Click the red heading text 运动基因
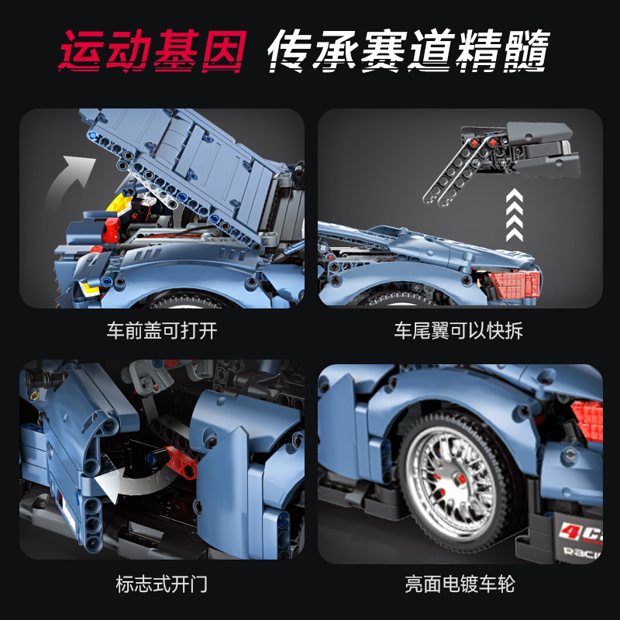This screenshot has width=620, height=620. pyautogui.click(x=153, y=50)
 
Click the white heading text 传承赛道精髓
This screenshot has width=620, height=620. pyautogui.click(x=408, y=50)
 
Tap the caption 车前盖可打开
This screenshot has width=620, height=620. pyautogui.click(x=162, y=331)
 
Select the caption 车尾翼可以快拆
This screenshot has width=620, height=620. pyautogui.click(x=458, y=331)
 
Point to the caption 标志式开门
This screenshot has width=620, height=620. pyautogui.click(x=162, y=584)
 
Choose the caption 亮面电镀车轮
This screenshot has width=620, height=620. pyautogui.click(x=460, y=584)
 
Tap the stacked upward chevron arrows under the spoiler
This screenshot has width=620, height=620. pyautogui.click(x=515, y=215)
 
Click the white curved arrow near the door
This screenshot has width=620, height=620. pyautogui.click(x=130, y=483)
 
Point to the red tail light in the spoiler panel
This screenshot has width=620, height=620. pyautogui.click(x=513, y=283)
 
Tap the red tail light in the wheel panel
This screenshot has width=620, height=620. pyautogui.click(x=587, y=420)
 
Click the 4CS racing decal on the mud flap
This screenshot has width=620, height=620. pyautogui.click(x=580, y=539)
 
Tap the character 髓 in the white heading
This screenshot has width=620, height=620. pyautogui.click(x=527, y=51)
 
